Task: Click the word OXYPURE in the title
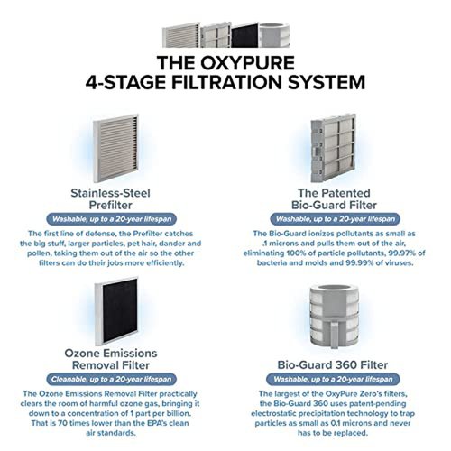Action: coord(247,63)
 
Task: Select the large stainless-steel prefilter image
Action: coord(115,148)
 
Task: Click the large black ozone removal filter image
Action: coord(116,311)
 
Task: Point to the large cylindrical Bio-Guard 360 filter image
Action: coord(334,316)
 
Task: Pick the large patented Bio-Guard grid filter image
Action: coord(333,148)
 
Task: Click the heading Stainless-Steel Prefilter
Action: coord(110,199)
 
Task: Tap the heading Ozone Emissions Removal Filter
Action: coord(111,359)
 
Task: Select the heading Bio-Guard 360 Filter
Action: coord(333,364)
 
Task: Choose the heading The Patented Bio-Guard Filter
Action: coord(334,199)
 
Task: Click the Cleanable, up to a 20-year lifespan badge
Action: coord(111,379)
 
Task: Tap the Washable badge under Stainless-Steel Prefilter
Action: coord(112,219)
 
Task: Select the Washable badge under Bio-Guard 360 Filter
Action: coord(333,379)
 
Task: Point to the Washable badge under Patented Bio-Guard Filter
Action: coord(336,219)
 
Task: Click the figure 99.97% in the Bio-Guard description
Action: coord(401,253)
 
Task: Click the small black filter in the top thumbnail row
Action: coord(244,35)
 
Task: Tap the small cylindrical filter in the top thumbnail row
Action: coord(274,35)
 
